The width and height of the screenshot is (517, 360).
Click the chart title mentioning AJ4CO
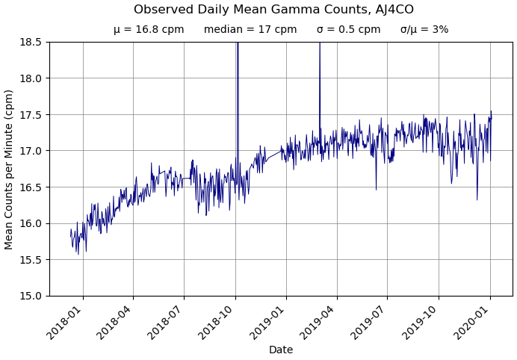click(x=273, y=10)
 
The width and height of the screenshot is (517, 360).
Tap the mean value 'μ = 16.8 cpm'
click(x=149, y=30)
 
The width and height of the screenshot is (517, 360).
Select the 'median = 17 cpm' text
click(x=250, y=30)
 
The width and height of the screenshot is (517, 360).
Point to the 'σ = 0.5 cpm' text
click(x=348, y=30)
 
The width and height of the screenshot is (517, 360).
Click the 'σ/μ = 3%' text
click(x=424, y=30)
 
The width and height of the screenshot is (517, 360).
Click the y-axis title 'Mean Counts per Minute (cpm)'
click(x=10, y=169)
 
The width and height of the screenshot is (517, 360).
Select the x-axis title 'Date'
click(x=281, y=350)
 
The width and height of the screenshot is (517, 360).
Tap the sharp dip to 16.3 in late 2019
click(x=477, y=198)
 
